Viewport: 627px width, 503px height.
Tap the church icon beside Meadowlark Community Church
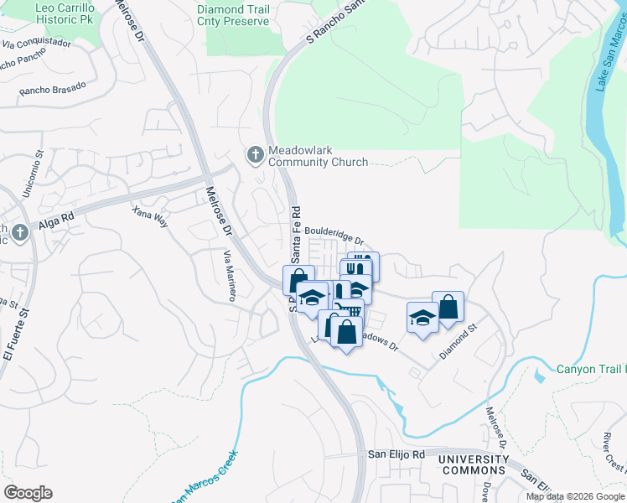pos(255,154)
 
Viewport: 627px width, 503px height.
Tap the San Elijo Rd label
pos(397,454)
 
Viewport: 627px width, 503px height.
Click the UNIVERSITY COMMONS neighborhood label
pos(474,465)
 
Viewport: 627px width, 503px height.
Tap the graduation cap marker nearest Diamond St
pos(422,317)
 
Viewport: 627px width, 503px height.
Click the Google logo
pos(28,493)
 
